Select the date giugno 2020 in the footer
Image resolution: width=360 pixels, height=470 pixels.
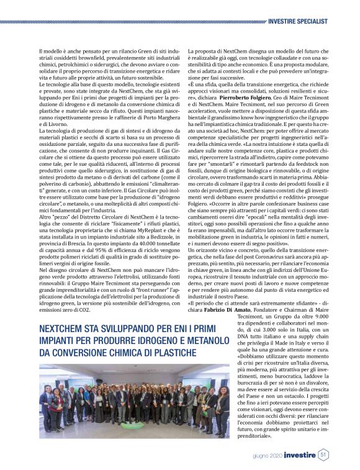click(x=268, y=456)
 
